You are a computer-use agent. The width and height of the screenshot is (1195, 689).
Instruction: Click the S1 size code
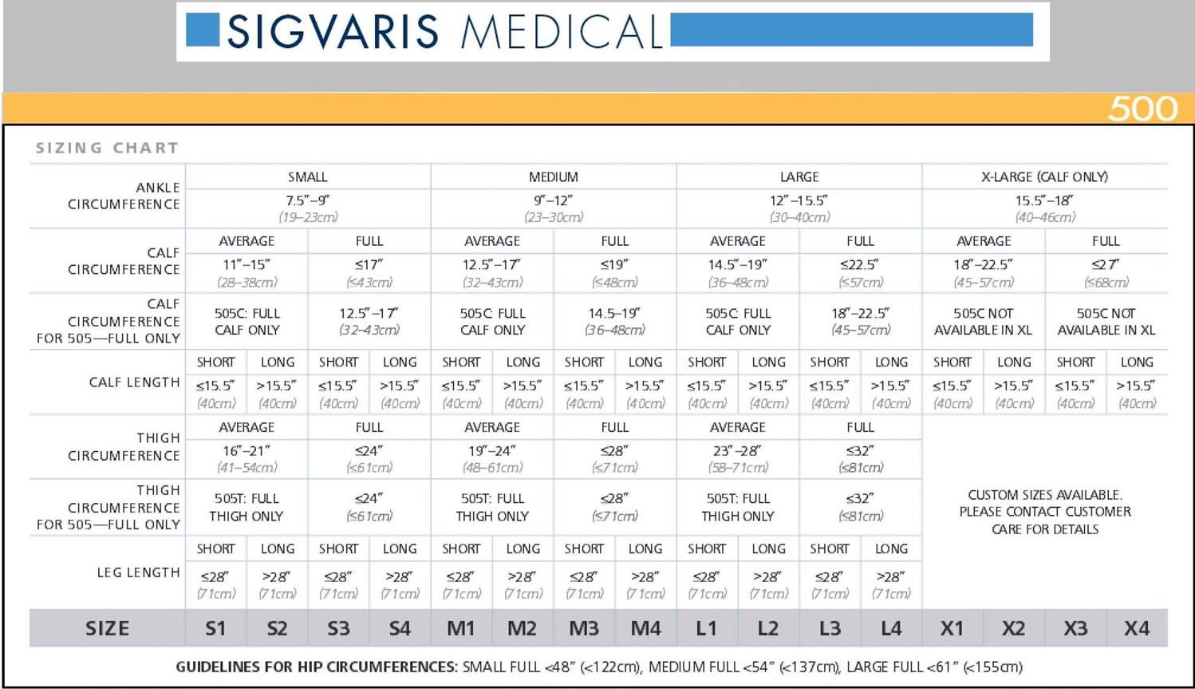[215, 628]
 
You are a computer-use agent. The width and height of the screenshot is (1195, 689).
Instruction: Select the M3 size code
[584, 628]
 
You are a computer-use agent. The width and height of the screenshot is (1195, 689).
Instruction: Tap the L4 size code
[891, 628]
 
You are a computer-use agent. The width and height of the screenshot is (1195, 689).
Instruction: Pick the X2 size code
[1013, 628]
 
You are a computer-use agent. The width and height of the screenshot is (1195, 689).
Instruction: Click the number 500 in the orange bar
[1142, 109]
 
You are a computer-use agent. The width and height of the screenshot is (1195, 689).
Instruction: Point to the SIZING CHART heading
[107, 148]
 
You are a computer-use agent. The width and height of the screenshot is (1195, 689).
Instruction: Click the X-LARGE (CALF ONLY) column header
[1044, 176]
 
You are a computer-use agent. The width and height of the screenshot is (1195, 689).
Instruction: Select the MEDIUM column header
[553, 176]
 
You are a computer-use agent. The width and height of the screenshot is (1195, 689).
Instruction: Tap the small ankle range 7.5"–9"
[308, 200]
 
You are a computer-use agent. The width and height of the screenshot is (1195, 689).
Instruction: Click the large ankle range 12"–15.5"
[799, 200]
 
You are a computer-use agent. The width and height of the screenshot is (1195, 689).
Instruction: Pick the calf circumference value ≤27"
[1106, 264]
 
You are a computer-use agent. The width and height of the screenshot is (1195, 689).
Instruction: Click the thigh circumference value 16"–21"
[246, 450]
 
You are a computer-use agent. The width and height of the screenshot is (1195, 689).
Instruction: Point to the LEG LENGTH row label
[138, 572]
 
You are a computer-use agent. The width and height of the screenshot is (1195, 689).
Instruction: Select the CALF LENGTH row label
[134, 382]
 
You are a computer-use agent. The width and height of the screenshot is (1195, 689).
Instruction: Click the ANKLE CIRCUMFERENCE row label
[124, 196]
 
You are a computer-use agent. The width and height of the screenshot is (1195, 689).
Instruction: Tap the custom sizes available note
[1044, 512]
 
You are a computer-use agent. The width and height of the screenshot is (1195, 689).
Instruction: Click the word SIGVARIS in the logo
[333, 32]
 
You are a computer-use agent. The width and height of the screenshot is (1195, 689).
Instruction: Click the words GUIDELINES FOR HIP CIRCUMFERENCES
[317, 667]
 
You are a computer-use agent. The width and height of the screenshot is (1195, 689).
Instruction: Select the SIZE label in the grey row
[107, 628]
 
